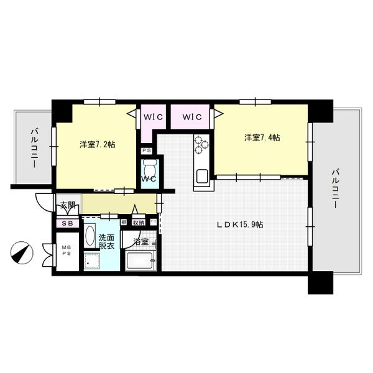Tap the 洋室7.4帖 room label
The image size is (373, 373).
(x=261, y=137)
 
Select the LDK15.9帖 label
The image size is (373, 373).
(x=239, y=224)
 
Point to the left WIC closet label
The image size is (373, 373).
(x=153, y=116)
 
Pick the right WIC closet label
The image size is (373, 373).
(x=192, y=116)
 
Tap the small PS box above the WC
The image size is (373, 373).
(x=147, y=150)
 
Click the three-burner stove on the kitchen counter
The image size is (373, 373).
(x=201, y=145)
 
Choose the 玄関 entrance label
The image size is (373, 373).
(x=67, y=205)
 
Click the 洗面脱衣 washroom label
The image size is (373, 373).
(x=106, y=241)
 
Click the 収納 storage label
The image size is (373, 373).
(x=138, y=222)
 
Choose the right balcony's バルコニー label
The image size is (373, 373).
(x=336, y=188)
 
